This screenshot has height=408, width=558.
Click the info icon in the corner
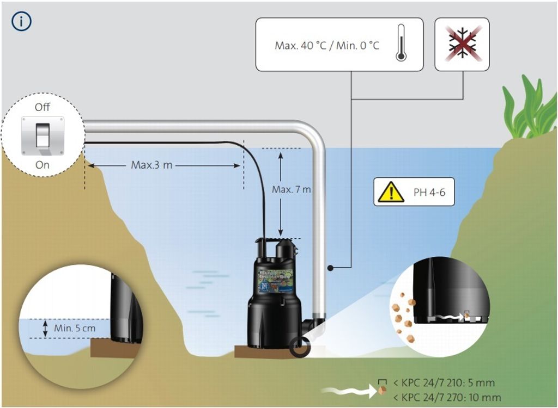21,21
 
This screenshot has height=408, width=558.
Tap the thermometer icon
402,43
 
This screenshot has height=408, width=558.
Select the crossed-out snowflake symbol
462,44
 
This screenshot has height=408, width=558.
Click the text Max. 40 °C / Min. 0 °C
327,45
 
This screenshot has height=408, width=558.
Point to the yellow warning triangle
391,192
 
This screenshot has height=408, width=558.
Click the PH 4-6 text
428,192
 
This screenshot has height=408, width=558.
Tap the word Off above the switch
43,107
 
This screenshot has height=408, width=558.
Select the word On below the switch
43,165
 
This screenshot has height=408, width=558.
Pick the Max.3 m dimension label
151,165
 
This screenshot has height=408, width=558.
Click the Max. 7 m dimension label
292,189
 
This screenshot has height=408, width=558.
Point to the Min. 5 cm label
75,328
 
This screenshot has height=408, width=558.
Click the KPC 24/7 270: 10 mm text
446,397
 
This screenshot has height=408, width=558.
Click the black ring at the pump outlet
300,347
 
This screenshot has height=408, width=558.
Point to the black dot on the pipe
330,268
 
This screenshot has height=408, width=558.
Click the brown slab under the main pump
267,353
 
